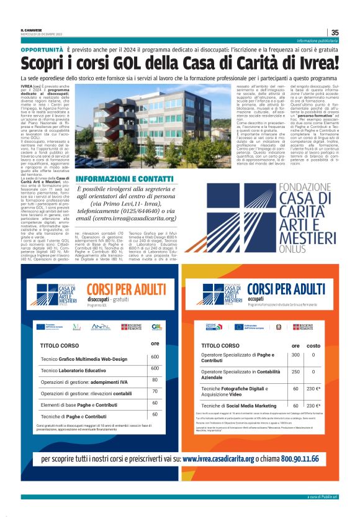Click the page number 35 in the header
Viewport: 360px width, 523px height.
click(335, 33)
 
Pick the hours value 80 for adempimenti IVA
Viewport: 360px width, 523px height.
click(155, 380)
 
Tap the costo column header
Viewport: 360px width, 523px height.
click(313, 345)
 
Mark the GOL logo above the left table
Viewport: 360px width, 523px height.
click(157, 326)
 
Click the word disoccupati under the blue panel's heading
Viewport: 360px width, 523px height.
click(99, 298)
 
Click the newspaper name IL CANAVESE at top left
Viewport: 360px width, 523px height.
click(32, 30)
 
